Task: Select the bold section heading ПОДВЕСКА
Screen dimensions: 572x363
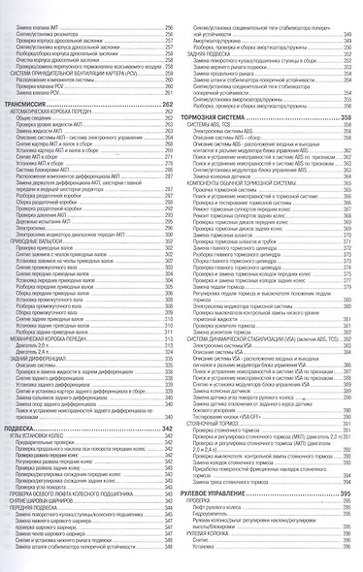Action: coord(29,428)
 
